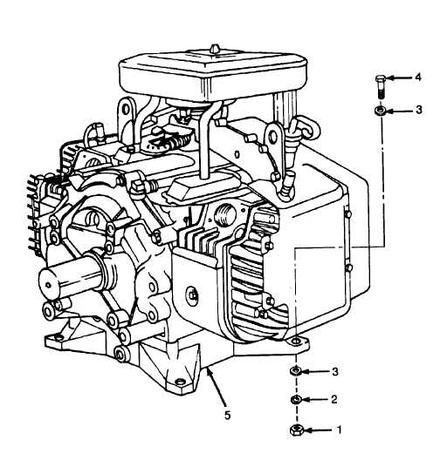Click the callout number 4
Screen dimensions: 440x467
coord(418,78)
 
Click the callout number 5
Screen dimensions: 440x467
coord(228,416)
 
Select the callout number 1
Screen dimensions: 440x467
coord(339,430)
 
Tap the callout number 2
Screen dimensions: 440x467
coord(334,399)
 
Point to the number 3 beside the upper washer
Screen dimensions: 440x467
coord(419,110)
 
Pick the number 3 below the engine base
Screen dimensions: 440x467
coord(335,372)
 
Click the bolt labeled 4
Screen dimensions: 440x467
coord(380,86)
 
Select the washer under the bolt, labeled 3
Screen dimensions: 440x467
coord(380,111)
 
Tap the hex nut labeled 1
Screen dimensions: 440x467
coord(297,430)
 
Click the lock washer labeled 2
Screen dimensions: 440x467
coord(296,399)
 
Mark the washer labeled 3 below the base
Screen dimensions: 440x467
coord(296,371)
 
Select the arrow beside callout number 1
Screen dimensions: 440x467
coord(318,430)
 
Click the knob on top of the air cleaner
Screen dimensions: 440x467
coord(215,49)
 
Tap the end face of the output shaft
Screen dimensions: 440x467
coord(48,285)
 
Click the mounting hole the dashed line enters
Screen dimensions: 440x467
coord(295,342)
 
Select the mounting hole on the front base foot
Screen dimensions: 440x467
coord(180,382)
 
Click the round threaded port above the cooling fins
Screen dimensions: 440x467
coord(225,215)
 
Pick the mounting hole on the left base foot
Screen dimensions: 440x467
coord(58,337)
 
